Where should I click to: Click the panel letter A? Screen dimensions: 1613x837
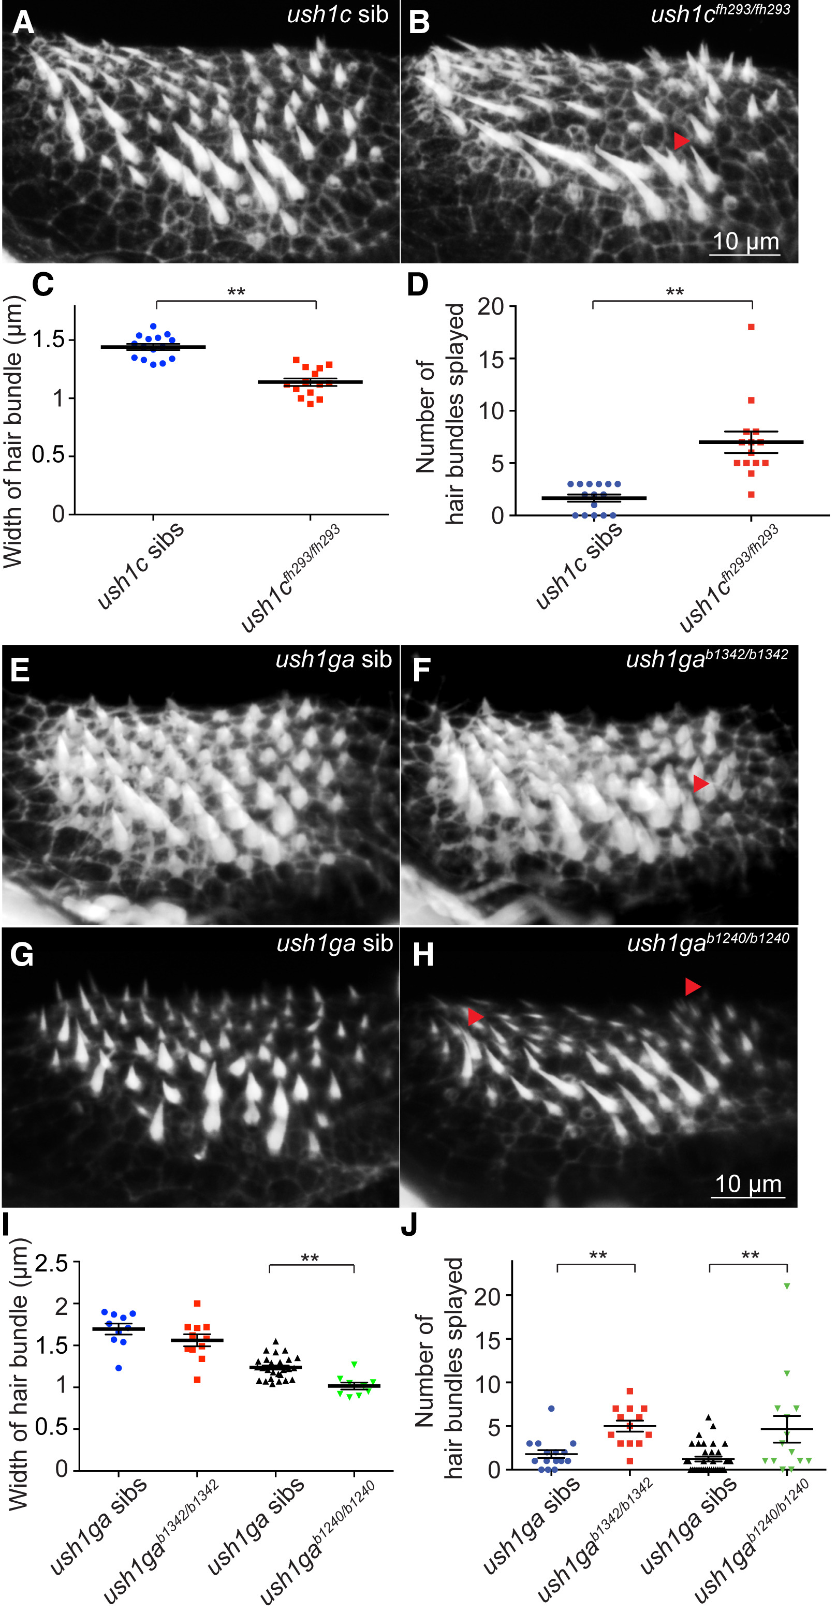click(x=23, y=23)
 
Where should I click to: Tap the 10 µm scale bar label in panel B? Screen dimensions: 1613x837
click(x=745, y=242)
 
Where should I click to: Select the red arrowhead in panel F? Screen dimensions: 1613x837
click(x=700, y=783)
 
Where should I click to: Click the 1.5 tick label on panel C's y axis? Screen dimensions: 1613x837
click(x=49, y=340)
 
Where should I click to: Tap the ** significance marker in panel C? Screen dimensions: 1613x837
click(x=236, y=292)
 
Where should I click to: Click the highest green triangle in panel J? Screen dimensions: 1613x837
click(x=787, y=1286)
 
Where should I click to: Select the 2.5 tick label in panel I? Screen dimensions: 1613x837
click(x=51, y=1264)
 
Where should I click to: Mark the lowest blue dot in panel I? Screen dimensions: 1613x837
click(x=119, y=1368)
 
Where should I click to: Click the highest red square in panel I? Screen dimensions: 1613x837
click(x=197, y=1304)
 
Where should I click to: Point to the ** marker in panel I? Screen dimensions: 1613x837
click(x=310, y=1259)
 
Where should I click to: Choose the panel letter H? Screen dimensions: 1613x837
click(x=423, y=955)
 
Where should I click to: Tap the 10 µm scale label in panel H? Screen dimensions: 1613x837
click(x=748, y=1184)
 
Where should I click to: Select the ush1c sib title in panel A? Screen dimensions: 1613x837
click(x=337, y=14)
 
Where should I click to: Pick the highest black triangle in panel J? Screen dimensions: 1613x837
click(x=709, y=1417)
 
